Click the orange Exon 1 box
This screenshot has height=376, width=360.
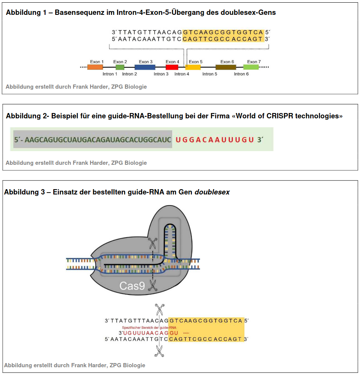point(95,67)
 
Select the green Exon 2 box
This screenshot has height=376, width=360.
point(120,67)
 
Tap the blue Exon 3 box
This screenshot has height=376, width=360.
point(145,67)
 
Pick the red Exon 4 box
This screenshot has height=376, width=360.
point(172,67)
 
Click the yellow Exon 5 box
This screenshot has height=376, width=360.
point(193,67)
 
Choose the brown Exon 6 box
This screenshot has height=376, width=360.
point(226,67)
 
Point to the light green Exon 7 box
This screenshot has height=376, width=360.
point(251,67)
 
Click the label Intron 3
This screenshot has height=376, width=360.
point(161,74)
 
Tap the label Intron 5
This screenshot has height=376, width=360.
point(210,74)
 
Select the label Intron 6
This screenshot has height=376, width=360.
point(241,74)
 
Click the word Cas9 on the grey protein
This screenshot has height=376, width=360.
point(132,285)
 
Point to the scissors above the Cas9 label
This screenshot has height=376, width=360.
point(152,244)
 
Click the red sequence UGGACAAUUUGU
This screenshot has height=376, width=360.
point(215,140)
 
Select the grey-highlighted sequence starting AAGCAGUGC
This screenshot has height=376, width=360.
point(93,140)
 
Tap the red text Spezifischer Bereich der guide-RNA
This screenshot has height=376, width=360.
point(149,327)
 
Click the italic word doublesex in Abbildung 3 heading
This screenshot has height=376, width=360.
point(212,192)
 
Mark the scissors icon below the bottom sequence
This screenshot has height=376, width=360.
point(159,351)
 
